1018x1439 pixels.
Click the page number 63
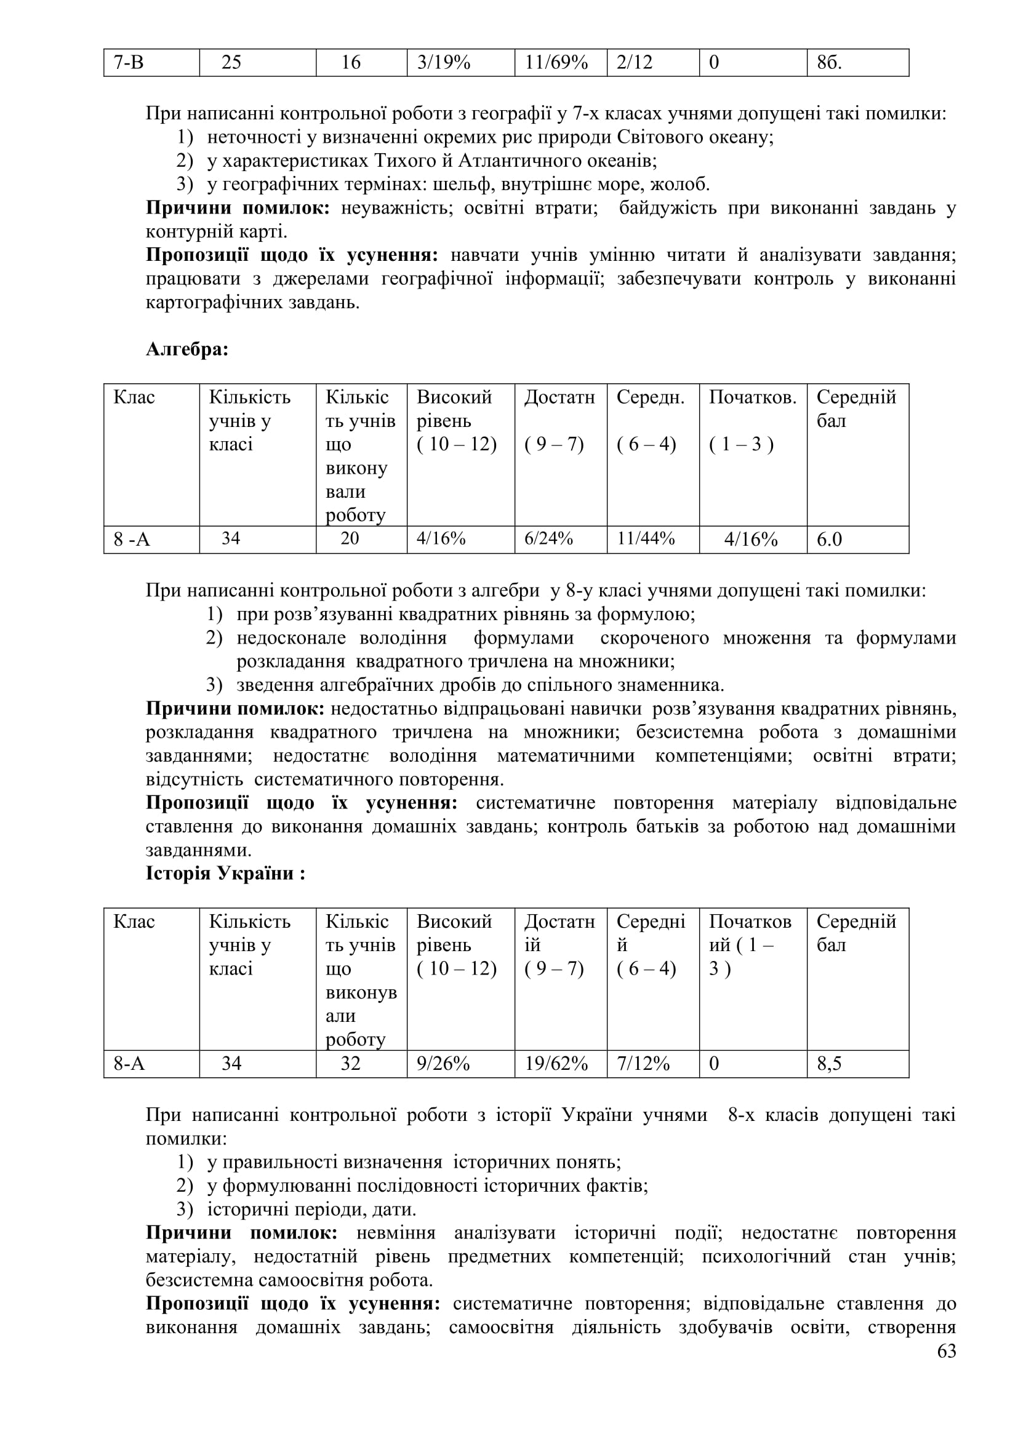pos(947,1351)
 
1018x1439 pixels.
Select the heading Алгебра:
pos(187,349)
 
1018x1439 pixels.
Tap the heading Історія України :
pos(225,873)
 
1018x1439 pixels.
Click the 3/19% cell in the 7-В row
pos(443,62)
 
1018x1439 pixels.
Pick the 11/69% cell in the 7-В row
pos(556,62)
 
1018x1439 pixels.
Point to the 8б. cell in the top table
pos(828,62)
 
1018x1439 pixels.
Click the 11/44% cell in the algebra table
pos(646,538)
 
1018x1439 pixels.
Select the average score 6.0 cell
pos(828,539)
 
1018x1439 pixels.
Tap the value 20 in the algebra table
pos(350,538)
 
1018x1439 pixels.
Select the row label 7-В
pos(129,62)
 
